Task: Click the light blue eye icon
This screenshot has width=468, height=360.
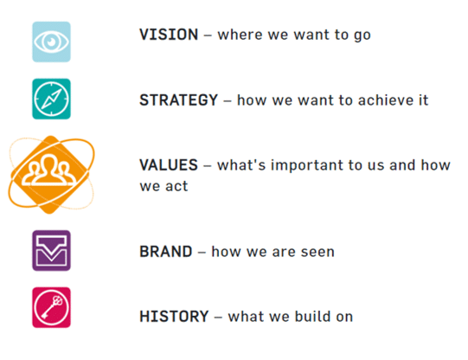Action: click(51, 42)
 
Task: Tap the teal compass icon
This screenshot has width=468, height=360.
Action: click(51, 99)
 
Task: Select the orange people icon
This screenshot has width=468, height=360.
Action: click(51, 175)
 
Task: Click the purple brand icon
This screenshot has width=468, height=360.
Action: click(51, 250)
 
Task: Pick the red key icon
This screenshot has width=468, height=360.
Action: click(51, 307)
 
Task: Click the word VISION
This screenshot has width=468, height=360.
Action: click(169, 35)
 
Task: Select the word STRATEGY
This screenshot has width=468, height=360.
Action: click(179, 100)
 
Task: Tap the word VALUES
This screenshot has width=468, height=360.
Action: click(169, 165)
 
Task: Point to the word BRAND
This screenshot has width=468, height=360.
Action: click(166, 252)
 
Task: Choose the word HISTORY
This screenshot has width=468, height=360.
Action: click(174, 317)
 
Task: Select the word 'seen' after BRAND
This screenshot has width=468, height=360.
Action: click(317, 252)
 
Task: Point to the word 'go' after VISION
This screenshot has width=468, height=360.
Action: click(362, 35)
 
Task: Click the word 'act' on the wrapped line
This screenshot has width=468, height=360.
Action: click(176, 186)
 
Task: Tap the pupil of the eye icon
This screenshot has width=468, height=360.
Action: click(52, 42)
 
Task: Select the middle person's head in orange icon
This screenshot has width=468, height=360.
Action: click(48, 162)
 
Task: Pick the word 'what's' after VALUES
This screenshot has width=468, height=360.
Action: click(241, 165)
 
